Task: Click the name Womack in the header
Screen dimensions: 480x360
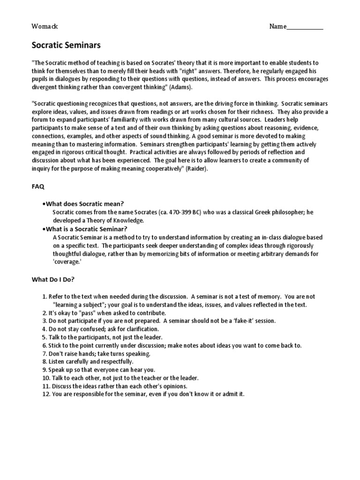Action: click(45, 27)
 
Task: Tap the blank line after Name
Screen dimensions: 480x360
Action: click(305, 27)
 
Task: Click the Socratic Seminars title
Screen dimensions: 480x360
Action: click(66, 45)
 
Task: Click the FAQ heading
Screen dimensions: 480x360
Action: click(38, 187)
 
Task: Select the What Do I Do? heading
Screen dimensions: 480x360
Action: click(53, 279)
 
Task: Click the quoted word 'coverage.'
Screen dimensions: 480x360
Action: click(67, 262)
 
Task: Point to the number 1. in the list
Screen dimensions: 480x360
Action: click(45, 297)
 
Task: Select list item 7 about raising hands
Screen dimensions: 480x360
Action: click(96, 353)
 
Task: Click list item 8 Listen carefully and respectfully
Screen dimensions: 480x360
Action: click(88, 361)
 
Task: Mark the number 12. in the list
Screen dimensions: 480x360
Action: click(46, 394)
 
